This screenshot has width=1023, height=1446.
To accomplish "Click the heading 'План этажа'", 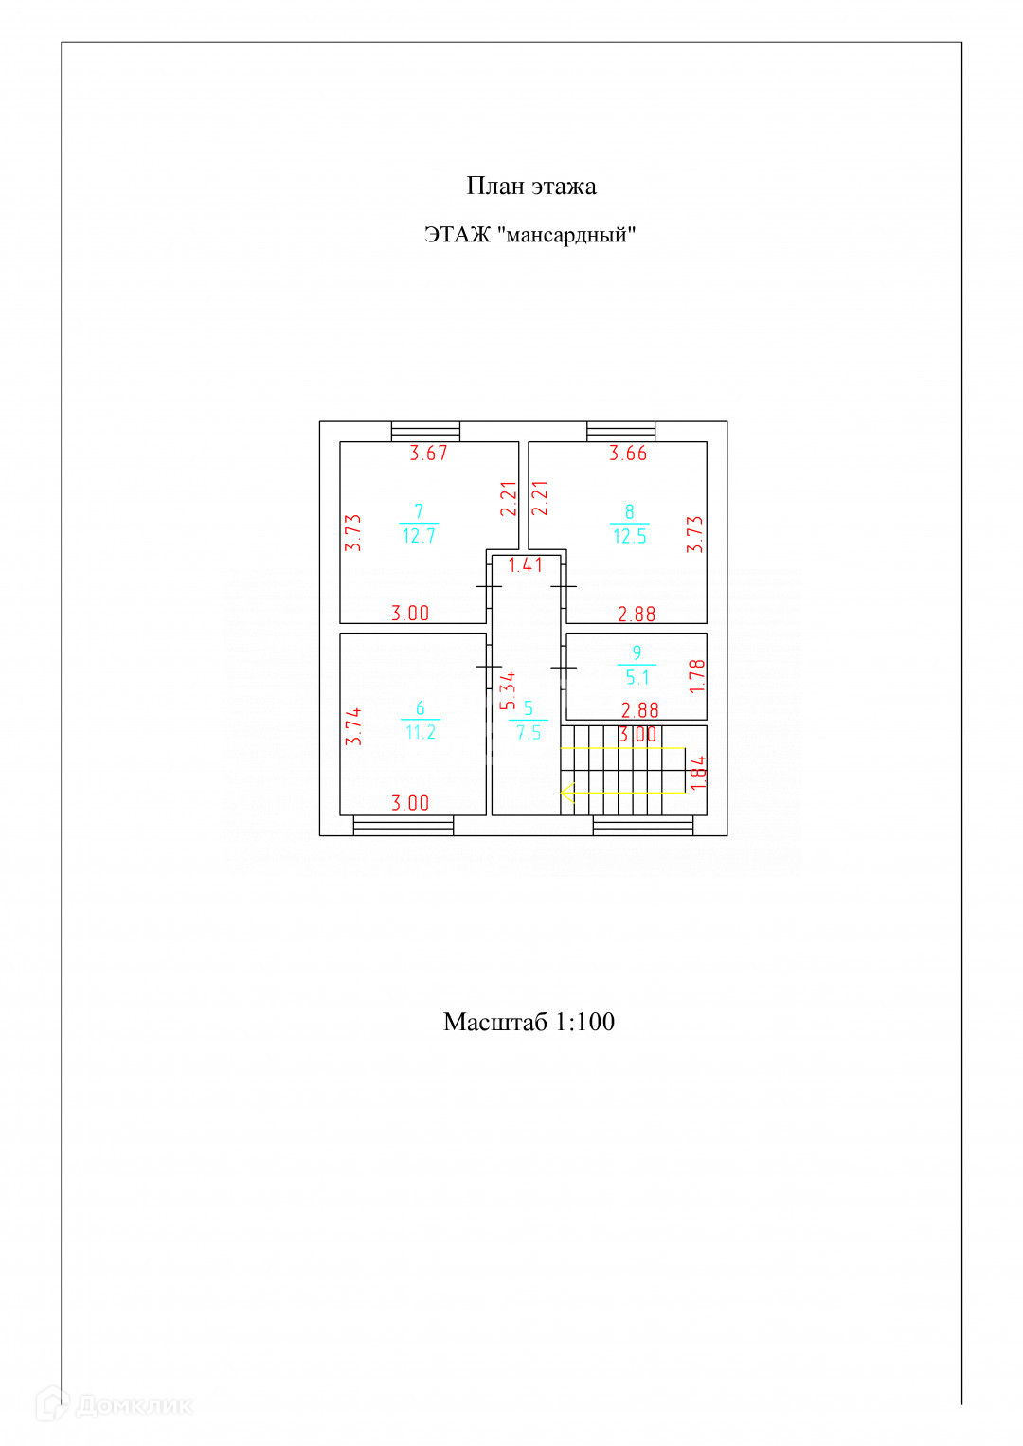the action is (530, 186).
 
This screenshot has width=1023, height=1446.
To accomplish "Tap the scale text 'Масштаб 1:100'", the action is (529, 1022).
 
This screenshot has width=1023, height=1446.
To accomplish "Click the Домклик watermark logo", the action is (114, 1404).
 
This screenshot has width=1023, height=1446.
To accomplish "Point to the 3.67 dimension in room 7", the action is (428, 454).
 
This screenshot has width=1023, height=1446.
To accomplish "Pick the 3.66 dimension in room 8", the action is (628, 454).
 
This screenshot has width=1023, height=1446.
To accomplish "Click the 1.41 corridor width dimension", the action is (526, 565).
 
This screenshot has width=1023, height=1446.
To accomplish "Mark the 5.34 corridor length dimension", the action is (509, 690).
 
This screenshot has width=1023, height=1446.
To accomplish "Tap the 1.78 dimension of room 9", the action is (697, 675).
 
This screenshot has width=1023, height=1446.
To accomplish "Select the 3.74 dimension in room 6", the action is (353, 726).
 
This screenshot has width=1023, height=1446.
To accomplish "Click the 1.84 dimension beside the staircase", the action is (698, 773).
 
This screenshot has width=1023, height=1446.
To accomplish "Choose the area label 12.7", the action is (419, 536).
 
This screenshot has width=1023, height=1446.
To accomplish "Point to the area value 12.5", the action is (630, 536).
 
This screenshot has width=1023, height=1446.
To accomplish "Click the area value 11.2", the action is (421, 732).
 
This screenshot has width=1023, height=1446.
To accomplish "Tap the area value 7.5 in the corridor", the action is (529, 732).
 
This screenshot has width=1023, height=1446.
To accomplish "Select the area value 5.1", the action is (637, 677).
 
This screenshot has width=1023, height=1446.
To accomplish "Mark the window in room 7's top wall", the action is (425, 432).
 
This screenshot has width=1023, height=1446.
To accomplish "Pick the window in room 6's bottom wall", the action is (403, 826).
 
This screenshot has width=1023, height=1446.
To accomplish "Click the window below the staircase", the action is (642, 826).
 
